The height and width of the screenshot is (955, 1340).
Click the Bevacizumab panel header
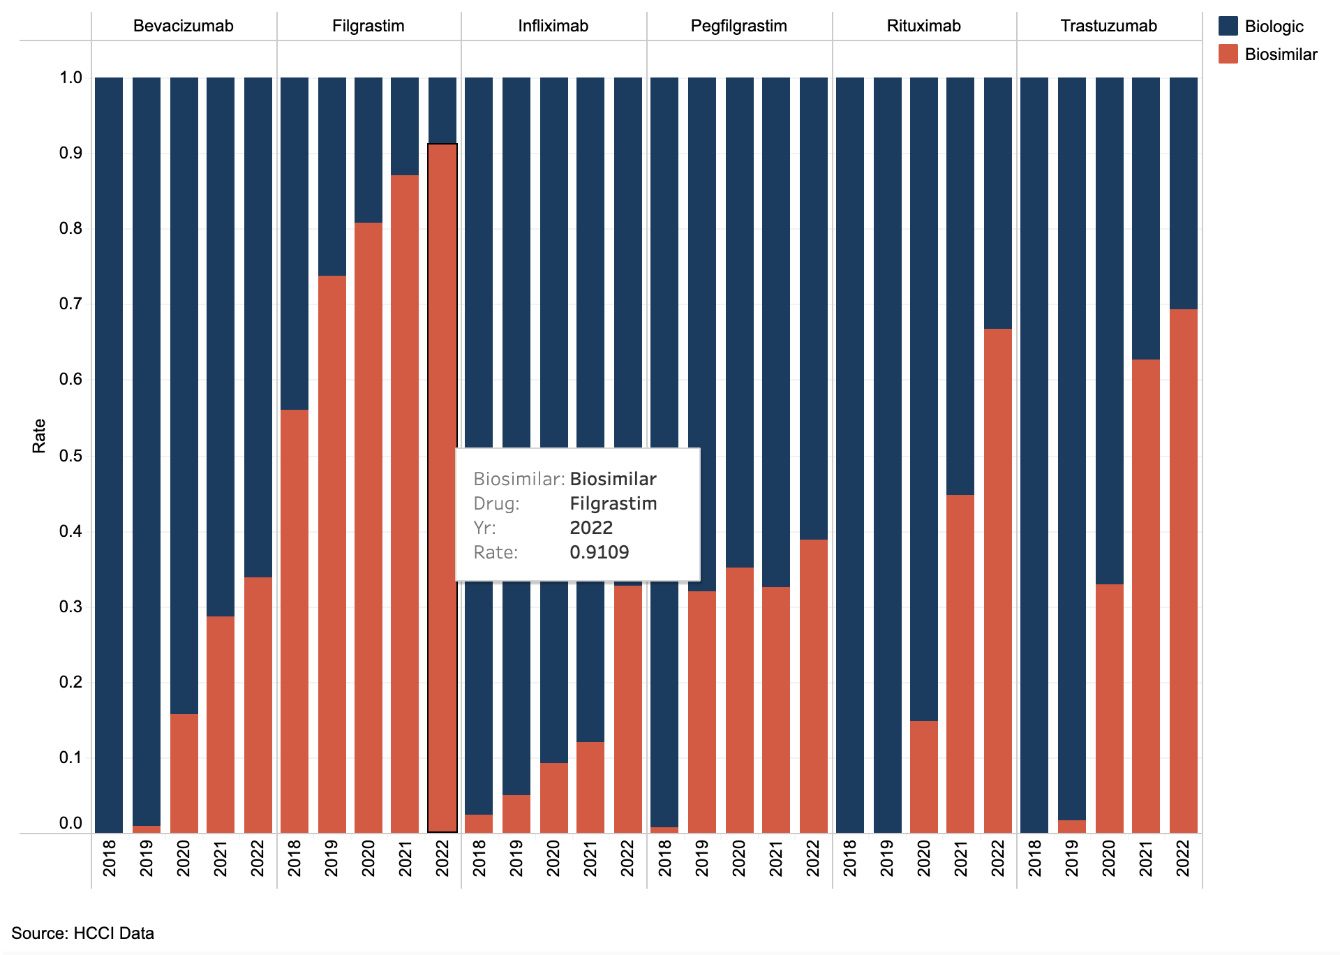pos(183,27)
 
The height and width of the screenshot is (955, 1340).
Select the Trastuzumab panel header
pos(1108,27)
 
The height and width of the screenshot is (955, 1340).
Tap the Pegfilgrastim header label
pos(738,27)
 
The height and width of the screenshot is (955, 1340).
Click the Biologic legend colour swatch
pos(1228,27)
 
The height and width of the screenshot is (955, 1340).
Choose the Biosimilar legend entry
pos(1280,54)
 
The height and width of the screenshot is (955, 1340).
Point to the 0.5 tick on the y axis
pos(70,456)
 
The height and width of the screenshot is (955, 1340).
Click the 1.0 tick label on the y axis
pos(70,77)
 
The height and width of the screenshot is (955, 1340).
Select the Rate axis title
pos(39,436)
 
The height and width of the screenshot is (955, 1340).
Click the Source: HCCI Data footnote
pos(82,933)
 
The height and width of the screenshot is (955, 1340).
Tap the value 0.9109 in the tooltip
pos(599,552)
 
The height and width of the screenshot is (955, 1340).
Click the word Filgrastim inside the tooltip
pos(613,503)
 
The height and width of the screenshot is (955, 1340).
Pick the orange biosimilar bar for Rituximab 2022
pos(997,579)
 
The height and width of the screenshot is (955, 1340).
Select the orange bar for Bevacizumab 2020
pos(184,773)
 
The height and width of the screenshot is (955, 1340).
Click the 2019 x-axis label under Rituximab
pos(886,858)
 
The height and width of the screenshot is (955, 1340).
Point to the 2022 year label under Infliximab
pos(627,858)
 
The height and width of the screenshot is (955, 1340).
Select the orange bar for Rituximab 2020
pos(923,776)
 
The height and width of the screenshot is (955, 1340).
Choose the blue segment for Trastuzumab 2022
pos(1183,193)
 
